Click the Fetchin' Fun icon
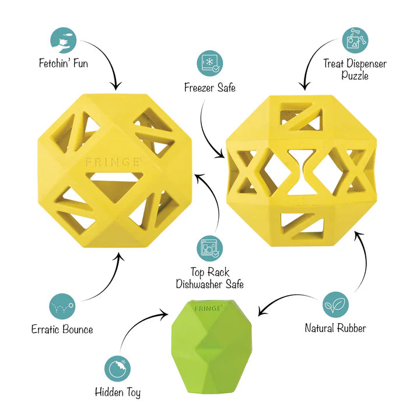[64, 40]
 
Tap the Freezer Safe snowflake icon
[210, 63]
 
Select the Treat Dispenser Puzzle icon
[355, 40]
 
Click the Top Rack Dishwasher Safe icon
[210, 249]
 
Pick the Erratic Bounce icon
[62, 306]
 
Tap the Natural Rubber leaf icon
[335, 305]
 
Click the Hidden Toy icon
[117, 369]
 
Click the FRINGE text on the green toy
[208, 309]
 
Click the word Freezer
[199, 87]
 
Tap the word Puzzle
[355, 75]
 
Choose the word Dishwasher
[199, 284]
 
